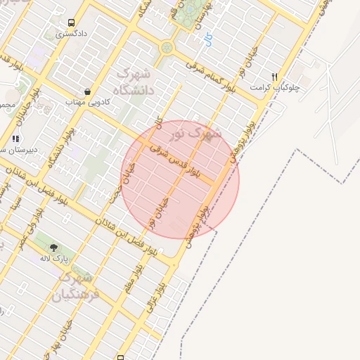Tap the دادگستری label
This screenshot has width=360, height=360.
click(x=72, y=33)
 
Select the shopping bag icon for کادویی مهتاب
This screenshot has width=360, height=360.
click(x=87, y=91)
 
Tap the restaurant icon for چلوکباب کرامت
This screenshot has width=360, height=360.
click(x=275, y=77)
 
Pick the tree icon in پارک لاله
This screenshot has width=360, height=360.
click(x=53, y=247)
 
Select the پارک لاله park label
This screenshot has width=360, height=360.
click(x=53, y=259)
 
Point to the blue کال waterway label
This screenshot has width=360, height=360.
click(x=206, y=40)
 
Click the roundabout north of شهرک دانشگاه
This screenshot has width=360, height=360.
click(x=167, y=48)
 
